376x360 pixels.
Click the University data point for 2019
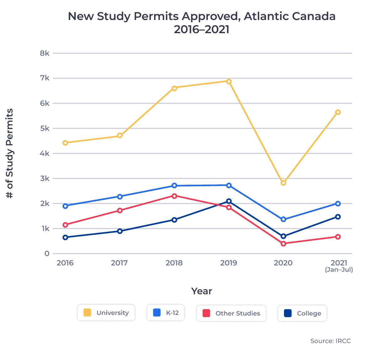pyautogui.click(x=229, y=81)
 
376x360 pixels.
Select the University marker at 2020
pyautogui.click(x=283, y=183)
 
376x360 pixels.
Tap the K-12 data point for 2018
pyautogui.click(x=174, y=186)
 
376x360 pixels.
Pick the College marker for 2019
pyautogui.click(x=229, y=201)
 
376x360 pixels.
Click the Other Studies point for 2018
pyautogui.click(x=174, y=196)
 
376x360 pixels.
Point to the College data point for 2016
pyautogui.click(x=65, y=237)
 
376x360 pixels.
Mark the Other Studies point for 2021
pyautogui.click(x=338, y=237)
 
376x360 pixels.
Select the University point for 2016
pyautogui.click(x=65, y=143)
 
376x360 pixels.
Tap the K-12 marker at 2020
pyautogui.click(x=283, y=219)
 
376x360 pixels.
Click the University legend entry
pyautogui.click(x=106, y=313)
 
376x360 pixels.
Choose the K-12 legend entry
pyautogui.click(x=166, y=313)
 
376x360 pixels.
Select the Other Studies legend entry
pyautogui.click(x=231, y=313)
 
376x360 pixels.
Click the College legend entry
pyautogui.click(x=302, y=313)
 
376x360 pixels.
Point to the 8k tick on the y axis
pyautogui.click(x=44, y=53)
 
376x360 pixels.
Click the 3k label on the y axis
pyautogui.click(x=44, y=178)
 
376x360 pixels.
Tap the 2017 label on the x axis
pyautogui.click(x=119, y=263)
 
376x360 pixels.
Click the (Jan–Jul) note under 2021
pyautogui.click(x=339, y=270)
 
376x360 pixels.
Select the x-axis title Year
pyautogui.click(x=201, y=291)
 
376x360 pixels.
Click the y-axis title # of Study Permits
pyautogui.click(x=10, y=153)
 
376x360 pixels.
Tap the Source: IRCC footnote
pyautogui.click(x=330, y=341)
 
